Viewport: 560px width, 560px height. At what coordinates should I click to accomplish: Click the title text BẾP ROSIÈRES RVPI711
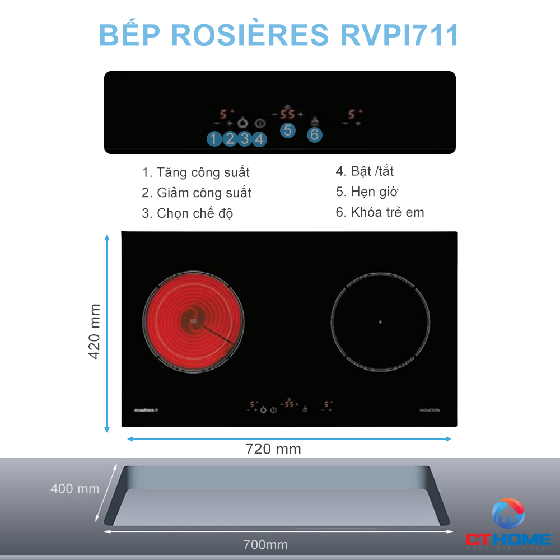pyautogui.click(x=279, y=35)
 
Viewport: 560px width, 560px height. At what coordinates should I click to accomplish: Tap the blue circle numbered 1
pyautogui.click(x=214, y=138)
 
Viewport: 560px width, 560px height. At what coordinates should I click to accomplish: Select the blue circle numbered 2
pyautogui.click(x=229, y=138)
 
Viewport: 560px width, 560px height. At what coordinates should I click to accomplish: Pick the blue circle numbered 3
pyautogui.click(x=244, y=138)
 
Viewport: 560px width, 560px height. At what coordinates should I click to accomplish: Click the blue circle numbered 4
pyautogui.click(x=258, y=138)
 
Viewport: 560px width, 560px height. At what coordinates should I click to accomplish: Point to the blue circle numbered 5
pyautogui.click(x=287, y=130)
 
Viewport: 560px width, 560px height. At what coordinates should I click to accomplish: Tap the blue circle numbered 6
pyautogui.click(x=314, y=134)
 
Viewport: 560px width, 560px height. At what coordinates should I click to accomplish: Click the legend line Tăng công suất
pyautogui.click(x=195, y=172)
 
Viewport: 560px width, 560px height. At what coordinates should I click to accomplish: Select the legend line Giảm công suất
pyautogui.click(x=197, y=193)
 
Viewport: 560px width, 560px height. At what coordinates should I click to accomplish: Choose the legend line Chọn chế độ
pyautogui.click(x=188, y=213)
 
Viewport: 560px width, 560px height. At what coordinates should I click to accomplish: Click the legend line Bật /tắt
pyautogui.click(x=365, y=171)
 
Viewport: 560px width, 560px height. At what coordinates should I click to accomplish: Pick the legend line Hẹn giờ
pyautogui.click(x=367, y=192)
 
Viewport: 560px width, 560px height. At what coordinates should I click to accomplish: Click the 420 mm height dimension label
pyautogui.click(x=95, y=332)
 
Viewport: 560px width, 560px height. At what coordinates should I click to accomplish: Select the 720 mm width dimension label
pyautogui.click(x=273, y=449)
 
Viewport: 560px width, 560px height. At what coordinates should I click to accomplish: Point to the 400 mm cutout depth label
pyautogui.click(x=74, y=488)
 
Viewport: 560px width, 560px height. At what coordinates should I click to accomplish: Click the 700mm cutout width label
pyautogui.click(x=265, y=544)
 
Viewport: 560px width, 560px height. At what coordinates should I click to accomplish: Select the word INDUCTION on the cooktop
pyautogui.click(x=430, y=410)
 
